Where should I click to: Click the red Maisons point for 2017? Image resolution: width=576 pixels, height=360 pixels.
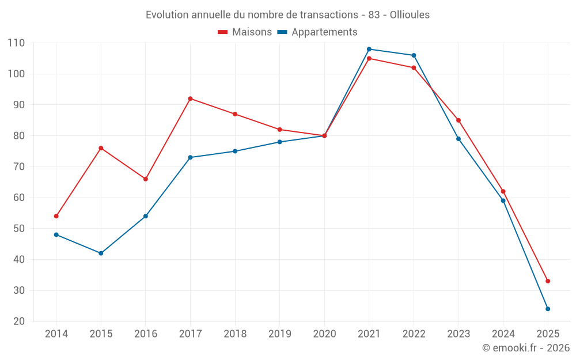(190, 98)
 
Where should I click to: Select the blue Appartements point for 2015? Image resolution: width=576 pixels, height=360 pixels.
(101, 253)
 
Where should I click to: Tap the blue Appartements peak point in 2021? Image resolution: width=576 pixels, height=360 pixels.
(369, 49)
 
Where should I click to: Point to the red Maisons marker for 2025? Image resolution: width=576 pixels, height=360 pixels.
(548, 281)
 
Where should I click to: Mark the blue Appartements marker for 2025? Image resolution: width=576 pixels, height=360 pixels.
(548, 309)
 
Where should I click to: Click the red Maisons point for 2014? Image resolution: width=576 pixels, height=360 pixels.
(56, 216)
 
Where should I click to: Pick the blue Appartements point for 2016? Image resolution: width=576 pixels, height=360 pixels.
(146, 216)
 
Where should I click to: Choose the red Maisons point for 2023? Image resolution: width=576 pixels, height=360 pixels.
(458, 120)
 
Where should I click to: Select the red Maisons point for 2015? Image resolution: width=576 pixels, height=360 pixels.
(101, 148)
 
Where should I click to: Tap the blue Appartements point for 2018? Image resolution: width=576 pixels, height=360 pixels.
(235, 151)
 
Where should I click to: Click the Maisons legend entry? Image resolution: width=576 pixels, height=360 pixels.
(245, 32)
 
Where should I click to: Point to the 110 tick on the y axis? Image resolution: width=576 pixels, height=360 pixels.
(16, 43)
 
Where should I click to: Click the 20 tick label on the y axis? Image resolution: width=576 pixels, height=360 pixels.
(19, 321)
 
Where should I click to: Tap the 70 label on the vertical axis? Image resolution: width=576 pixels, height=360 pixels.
(19, 167)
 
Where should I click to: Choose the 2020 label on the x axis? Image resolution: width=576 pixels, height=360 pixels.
(324, 334)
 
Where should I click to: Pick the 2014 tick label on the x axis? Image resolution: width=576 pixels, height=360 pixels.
(56, 334)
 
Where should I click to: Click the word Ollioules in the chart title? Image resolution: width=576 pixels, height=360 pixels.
(410, 15)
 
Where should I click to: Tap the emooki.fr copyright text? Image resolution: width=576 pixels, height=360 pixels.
(526, 348)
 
